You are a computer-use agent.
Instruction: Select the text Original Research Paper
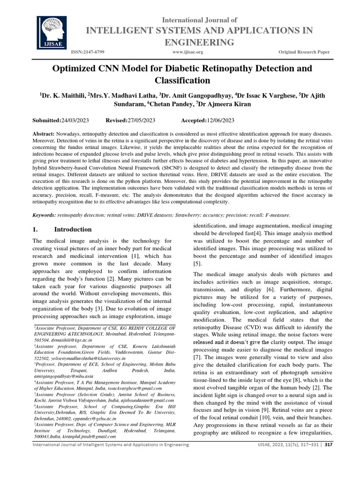coord(304,52)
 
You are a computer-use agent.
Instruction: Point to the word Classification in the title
coord(180,81)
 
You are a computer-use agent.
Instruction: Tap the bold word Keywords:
coord(44,215)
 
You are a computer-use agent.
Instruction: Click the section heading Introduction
coord(73,230)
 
